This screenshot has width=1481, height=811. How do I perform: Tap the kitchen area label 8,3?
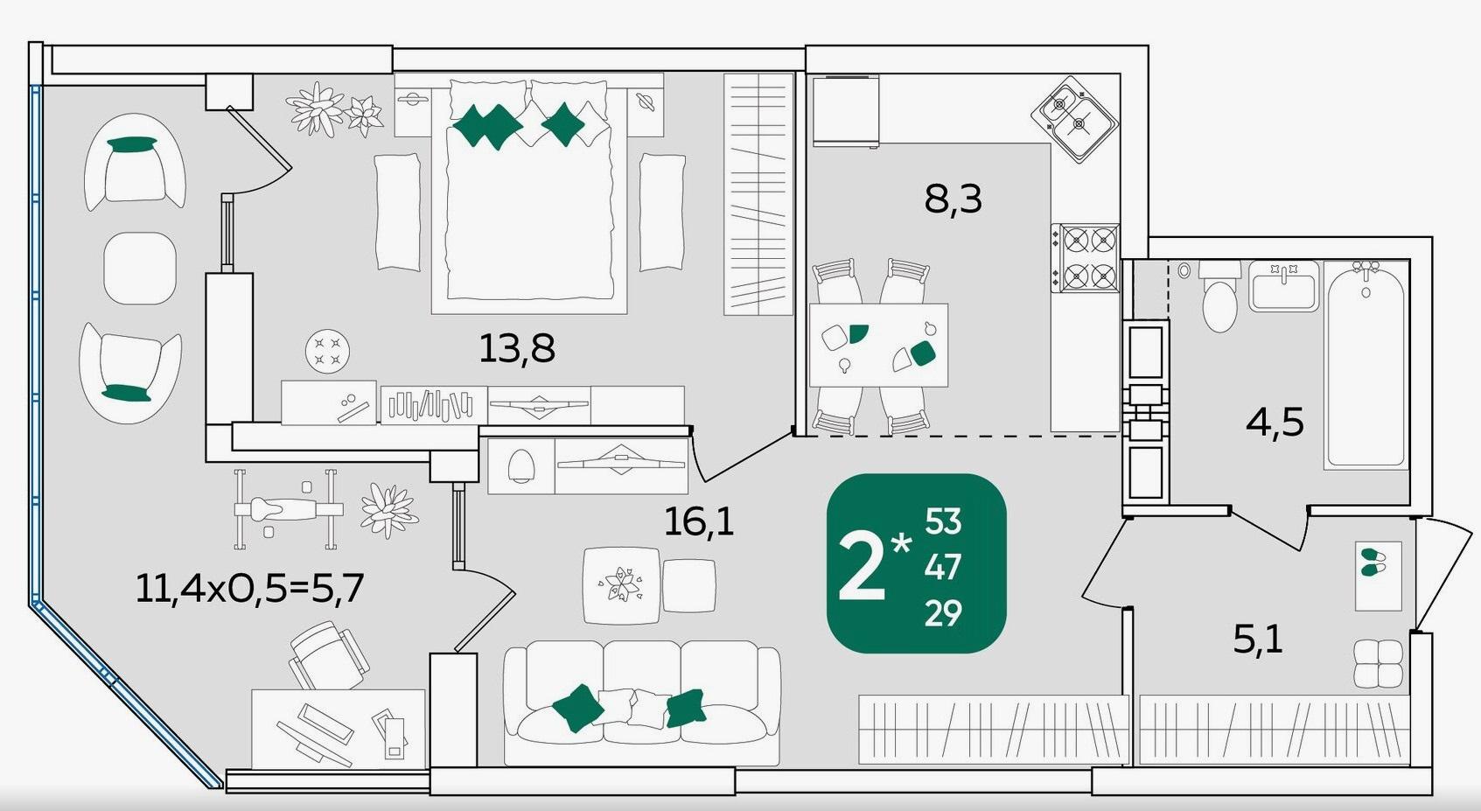[953, 199]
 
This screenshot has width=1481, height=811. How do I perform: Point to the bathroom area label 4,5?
[1275, 422]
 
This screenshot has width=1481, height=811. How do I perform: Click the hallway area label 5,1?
[1258, 640]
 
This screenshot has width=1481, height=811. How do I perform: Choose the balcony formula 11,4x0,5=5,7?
[249, 588]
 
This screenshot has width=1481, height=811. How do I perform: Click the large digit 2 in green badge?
[861, 567]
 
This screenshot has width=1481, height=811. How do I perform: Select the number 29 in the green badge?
[943, 614]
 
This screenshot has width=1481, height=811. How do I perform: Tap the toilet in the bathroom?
[1219, 296]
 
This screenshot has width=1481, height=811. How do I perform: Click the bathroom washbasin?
[1283, 286]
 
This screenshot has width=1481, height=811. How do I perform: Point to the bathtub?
[1366, 364]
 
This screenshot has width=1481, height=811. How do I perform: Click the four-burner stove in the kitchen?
[1085, 258]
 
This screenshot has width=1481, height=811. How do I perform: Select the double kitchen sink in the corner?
[1074, 120]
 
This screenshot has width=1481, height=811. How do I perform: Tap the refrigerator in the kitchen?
[846, 110]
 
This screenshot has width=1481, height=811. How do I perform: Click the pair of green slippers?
[1373, 561]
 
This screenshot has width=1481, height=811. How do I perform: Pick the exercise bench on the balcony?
[289, 509]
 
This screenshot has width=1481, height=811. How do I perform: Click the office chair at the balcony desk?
[329, 656]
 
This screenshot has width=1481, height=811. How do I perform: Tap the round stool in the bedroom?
[327, 351]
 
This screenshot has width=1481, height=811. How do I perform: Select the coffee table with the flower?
[621, 585]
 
